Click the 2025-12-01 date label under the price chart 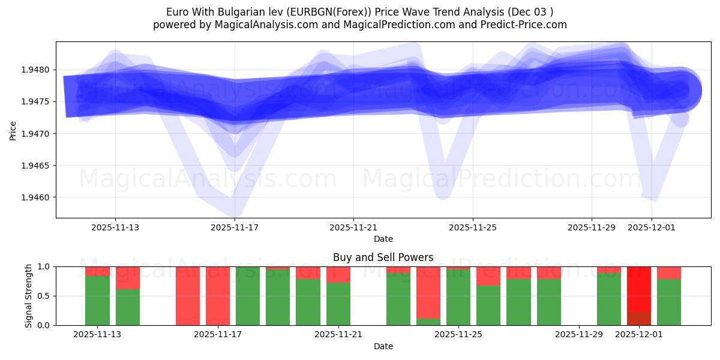652,228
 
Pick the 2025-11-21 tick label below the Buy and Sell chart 339,335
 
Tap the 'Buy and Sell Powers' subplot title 383,257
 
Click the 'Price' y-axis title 13,130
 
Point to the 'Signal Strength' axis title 28,296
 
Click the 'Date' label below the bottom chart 383,346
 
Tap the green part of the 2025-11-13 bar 97,300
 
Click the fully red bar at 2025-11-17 218,296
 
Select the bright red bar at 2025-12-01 639,288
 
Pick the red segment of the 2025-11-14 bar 128,277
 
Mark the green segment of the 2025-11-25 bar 458,297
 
